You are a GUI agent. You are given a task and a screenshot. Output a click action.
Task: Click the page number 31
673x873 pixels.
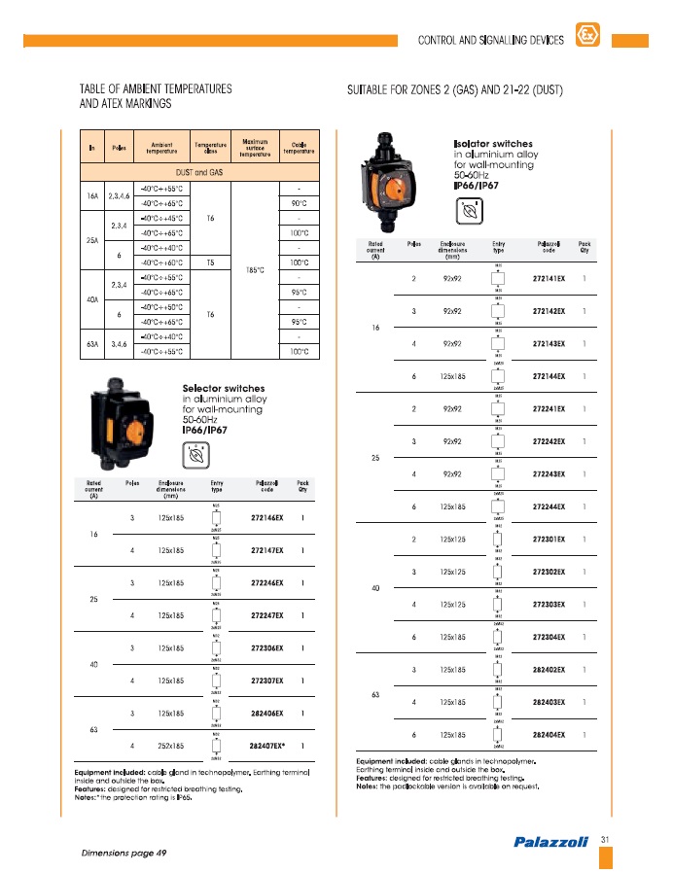point(605,839)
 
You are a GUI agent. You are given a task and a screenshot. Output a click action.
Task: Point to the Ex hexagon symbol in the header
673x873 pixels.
point(586,36)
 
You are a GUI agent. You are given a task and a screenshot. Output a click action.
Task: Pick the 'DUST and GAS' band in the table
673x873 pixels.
point(197,172)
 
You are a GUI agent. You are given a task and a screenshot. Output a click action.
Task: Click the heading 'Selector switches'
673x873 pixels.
point(224,389)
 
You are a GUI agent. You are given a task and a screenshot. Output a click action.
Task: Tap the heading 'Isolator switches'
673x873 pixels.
point(493,144)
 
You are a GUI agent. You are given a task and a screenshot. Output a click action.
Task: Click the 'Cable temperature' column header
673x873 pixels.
point(299,148)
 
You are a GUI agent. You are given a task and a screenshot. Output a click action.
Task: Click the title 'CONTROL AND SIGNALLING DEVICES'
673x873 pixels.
point(490,41)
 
